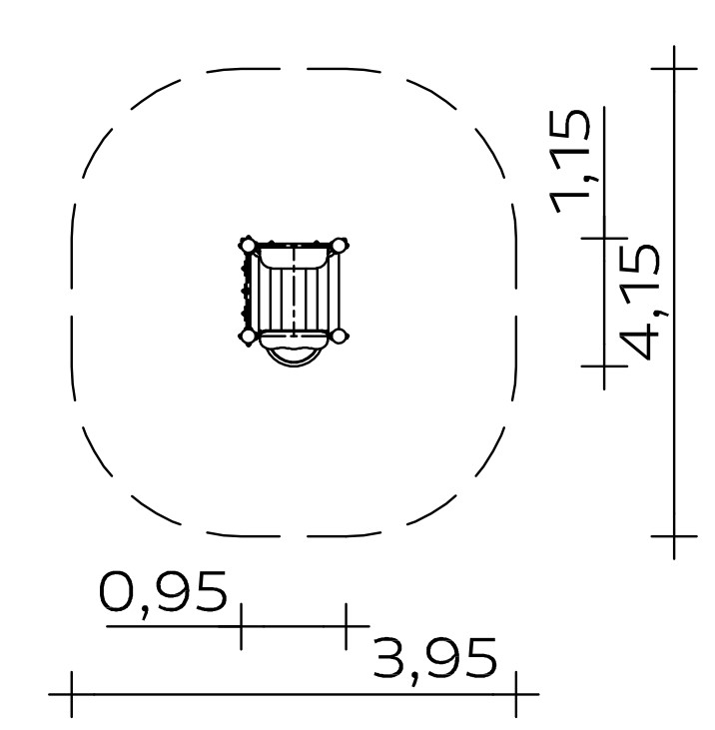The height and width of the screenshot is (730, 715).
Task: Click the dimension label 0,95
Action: [x=163, y=593]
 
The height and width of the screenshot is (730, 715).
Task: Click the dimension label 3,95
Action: [x=435, y=660]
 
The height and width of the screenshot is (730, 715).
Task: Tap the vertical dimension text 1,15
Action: [x=570, y=162]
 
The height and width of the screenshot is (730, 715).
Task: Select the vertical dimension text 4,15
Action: [x=640, y=302]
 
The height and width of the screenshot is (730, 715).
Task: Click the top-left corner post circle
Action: [x=248, y=246]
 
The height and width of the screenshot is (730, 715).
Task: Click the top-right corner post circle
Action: [x=340, y=246]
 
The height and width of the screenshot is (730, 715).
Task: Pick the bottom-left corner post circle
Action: [x=248, y=336]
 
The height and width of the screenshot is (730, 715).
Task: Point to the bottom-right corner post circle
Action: [x=340, y=336]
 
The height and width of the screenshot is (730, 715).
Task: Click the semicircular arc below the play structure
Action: [x=294, y=365]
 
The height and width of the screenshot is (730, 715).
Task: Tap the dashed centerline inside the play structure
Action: [x=294, y=291]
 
